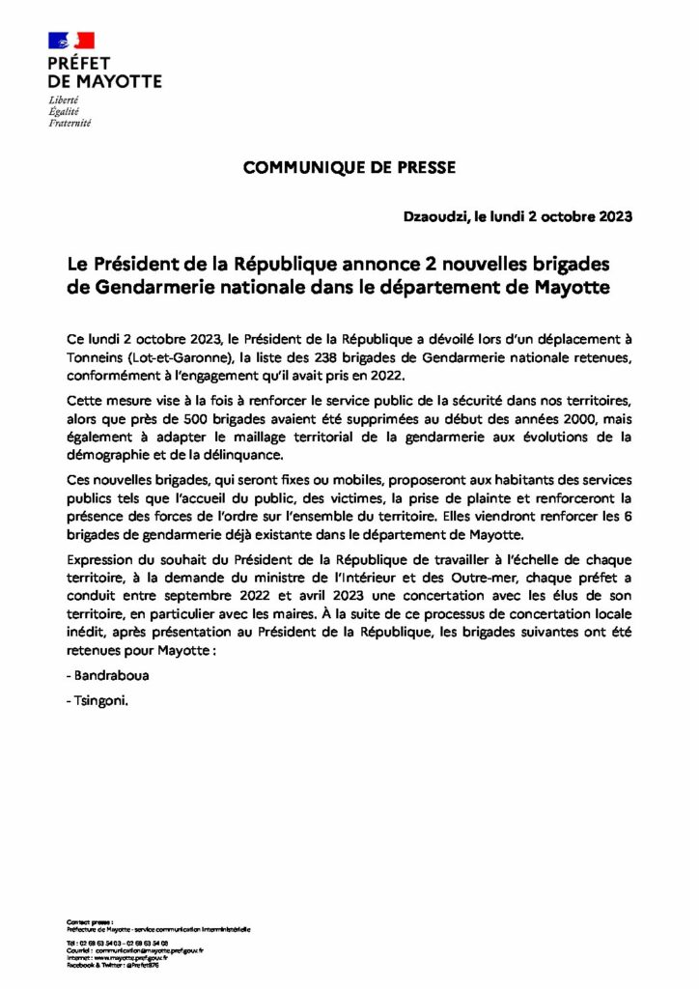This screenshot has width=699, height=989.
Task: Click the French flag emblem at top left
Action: point(71,41)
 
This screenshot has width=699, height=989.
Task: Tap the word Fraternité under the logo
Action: point(70,124)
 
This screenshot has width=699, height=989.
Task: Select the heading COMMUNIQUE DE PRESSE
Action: point(349,167)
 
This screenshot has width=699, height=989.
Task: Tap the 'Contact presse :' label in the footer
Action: point(89,922)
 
